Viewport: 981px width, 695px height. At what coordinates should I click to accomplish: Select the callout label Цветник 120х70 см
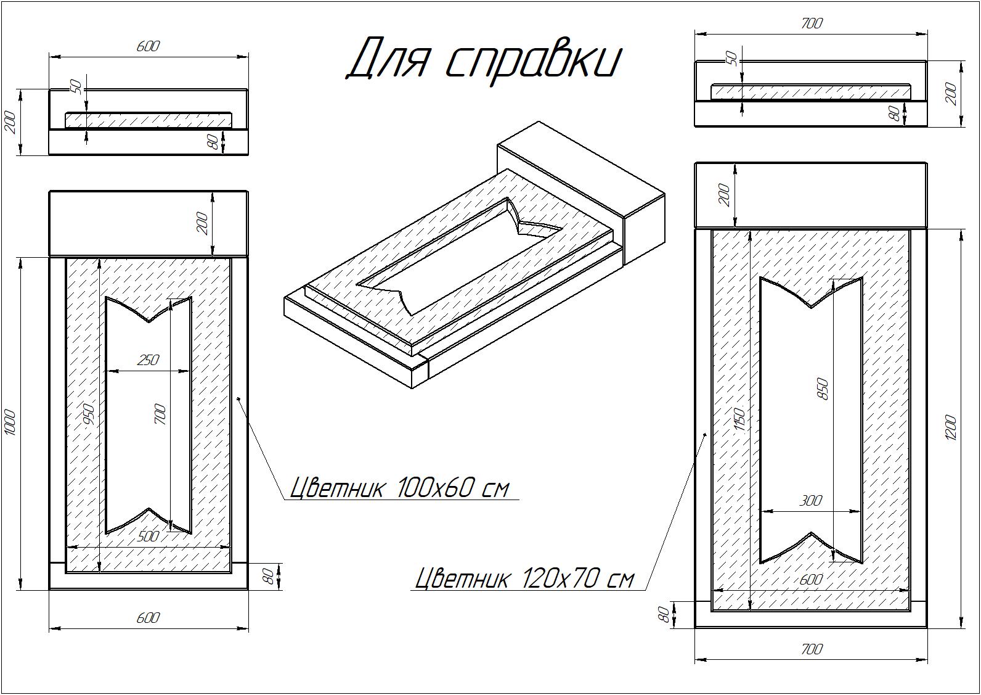tap(524, 578)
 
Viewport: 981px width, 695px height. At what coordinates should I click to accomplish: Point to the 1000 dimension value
tap(11, 422)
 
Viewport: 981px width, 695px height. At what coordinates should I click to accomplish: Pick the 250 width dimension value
tap(148, 360)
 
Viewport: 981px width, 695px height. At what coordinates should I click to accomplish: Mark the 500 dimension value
tap(148, 537)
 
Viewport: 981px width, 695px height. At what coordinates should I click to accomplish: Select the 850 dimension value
tap(823, 389)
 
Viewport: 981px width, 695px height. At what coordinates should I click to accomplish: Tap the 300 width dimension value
tap(811, 500)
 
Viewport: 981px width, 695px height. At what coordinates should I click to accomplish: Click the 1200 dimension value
tap(951, 427)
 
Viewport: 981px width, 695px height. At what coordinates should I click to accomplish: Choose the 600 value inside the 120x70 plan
tap(811, 580)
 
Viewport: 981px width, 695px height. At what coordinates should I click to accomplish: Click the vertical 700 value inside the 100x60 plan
tap(160, 414)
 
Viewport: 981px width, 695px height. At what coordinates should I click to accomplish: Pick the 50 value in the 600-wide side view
tap(76, 86)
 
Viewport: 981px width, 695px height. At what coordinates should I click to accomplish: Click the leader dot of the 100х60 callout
tap(238, 398)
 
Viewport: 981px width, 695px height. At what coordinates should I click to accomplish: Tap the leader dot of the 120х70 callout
tap(705, 434)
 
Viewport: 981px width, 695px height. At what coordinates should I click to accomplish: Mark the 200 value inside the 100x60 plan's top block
tap(202, 223)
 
